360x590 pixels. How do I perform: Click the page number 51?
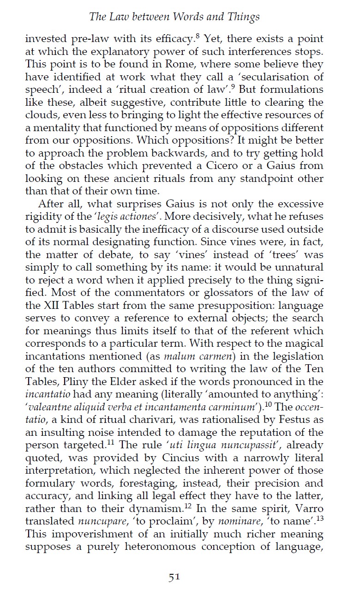(174, 576)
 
